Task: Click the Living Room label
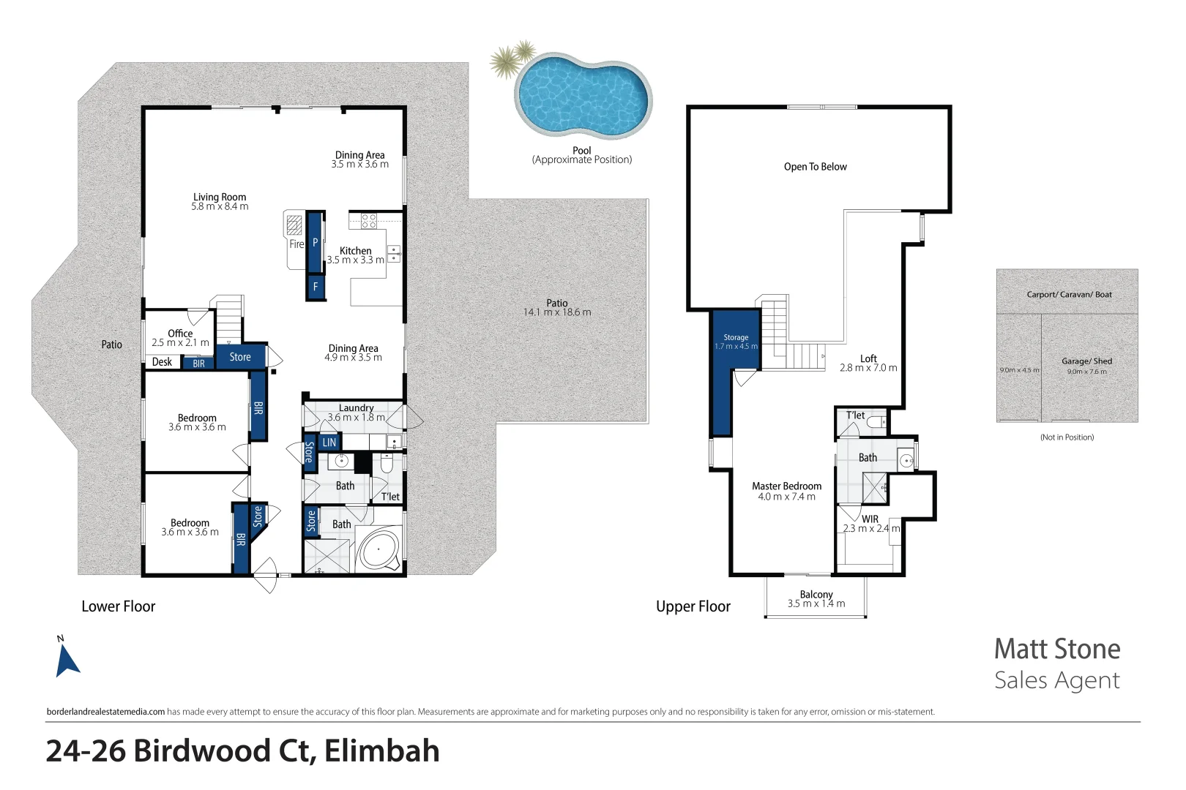[x=220, y=197]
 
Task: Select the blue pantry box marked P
[x=316, y=241]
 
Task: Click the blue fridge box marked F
[x=316, y=287]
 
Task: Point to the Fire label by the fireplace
[x=296, y=244]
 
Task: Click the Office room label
[x=180, y=333]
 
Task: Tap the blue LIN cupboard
[x=329, y=442]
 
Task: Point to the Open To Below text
[x=815, y=167]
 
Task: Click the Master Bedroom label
[x=786, y=486]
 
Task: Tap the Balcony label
[x=816, y=594]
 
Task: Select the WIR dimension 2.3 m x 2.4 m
[x=870, y=528]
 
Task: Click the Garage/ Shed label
[x=1086, y=361]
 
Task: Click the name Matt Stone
[x=1056, y=649]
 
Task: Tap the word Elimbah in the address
[x=381, y=751]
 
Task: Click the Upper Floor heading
[x=693, y=606]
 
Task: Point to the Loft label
[x=868, y=358]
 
